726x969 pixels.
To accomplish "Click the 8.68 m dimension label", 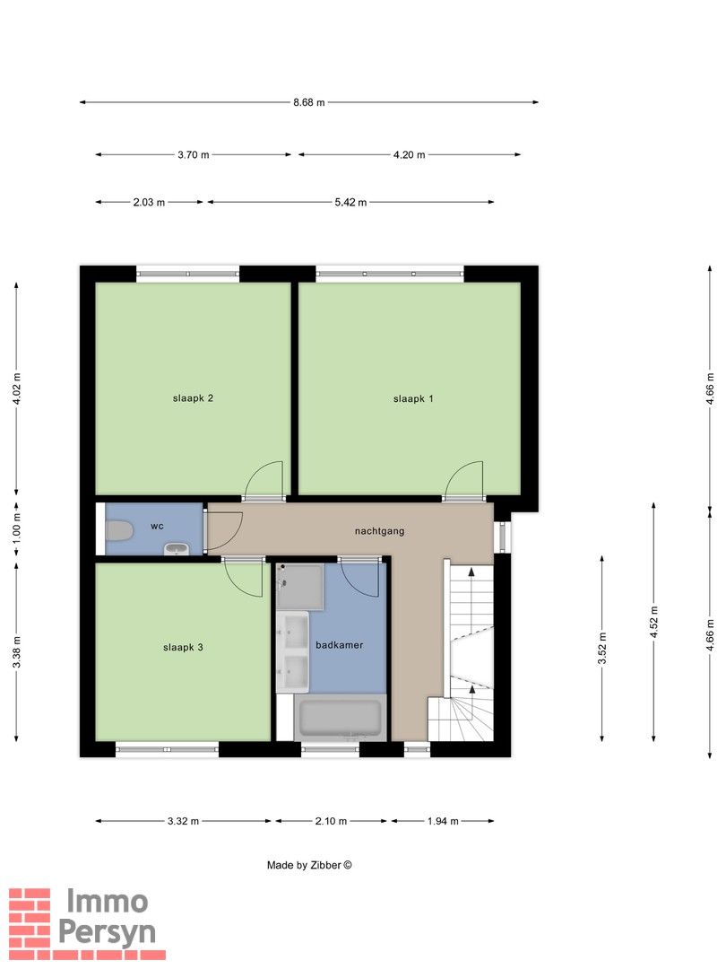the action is (x=308, y=102).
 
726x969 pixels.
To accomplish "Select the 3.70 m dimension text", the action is (x=194, y=154).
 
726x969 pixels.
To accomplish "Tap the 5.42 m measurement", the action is (x=350, y=202).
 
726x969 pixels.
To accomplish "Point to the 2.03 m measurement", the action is (x=149, y=202).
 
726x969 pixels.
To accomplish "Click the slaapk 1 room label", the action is (x=413, y=399).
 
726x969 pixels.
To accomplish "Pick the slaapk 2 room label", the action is (x=193, y=398).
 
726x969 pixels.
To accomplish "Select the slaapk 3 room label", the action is (x=183, y=648).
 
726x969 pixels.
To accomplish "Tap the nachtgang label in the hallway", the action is (x=379, y=531).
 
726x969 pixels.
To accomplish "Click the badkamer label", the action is (x=339, y=645).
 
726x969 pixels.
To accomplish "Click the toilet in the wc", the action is (x=119, y=530).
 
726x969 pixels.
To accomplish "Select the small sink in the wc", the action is (x=177, y=549).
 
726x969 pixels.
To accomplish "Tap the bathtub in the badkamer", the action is (x=340, y=718).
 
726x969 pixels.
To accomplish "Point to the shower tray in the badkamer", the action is (x=300, y=587).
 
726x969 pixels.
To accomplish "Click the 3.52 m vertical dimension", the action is (x=602, y=649).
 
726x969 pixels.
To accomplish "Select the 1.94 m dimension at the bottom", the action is (x=443, y=821).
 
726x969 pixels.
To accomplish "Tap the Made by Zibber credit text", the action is (x=309, y=865).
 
